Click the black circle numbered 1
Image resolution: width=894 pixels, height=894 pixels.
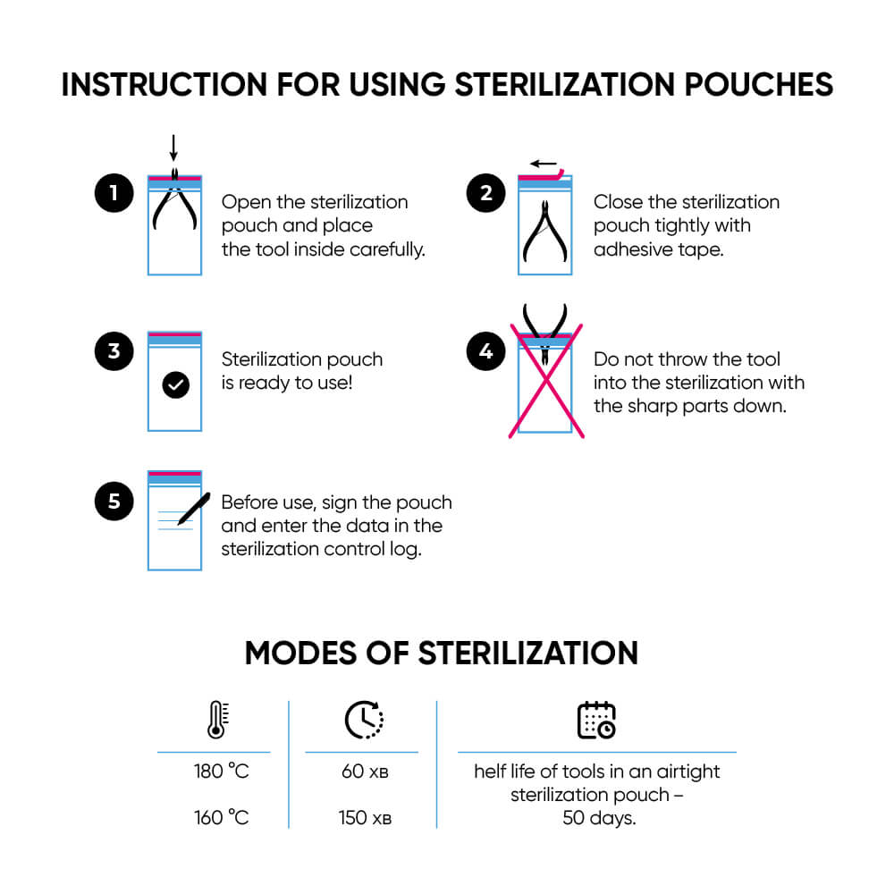click(x=114, y=194)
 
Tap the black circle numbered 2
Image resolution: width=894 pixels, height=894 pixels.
click(x=485, y=194)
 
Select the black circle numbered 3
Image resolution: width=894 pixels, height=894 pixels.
click(x=114, y=351)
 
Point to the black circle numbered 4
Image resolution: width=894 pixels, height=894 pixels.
click(x=485, y=351)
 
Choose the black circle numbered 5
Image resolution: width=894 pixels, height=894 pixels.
click(x=114, y=502)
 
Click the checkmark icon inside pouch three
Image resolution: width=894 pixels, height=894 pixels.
click(x=176, y=385)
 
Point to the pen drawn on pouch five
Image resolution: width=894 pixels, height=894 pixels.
click(x=193, y=508)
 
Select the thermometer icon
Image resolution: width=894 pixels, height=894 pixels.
click(x=216, y=720)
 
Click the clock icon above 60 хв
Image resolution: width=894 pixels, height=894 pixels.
click(x=364, y=720)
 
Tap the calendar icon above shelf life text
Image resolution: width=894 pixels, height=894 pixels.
click(x=596, y=720)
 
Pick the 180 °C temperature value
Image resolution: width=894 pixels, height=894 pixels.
click(x=221, y=772)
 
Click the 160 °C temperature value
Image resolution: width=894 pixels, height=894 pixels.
click(x=221, y=817)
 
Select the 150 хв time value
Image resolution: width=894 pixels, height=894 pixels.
click(x=365, y=817)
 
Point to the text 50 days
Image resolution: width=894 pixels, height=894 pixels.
click(x=599, y=817)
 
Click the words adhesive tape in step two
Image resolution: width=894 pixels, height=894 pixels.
click(x=658, y=249)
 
